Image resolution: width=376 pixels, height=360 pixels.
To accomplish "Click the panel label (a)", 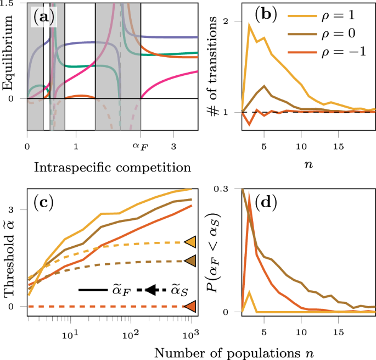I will [43, 18].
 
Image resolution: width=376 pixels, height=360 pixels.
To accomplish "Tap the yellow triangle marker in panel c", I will [190, 242].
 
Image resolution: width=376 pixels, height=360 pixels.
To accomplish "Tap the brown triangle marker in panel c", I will [190, 261].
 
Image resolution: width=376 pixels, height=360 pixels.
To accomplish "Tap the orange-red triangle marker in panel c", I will [190, 306].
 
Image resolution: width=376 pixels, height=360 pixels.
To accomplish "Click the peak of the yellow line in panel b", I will [249, 25].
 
